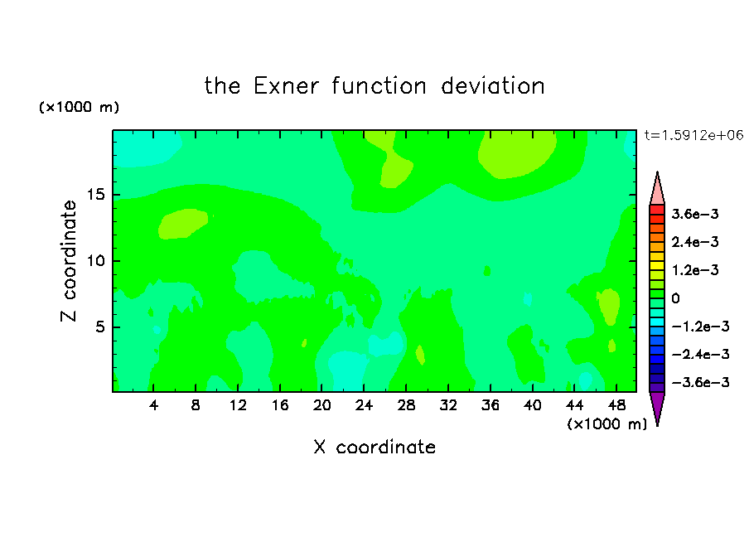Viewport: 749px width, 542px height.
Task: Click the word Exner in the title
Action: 286,86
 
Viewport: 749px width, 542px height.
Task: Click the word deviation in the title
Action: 492,86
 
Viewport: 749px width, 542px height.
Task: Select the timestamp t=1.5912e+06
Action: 693,135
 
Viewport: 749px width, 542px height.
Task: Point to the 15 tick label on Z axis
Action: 95,195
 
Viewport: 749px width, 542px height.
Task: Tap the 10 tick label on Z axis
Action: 95,261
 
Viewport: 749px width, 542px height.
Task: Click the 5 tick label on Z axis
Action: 99,327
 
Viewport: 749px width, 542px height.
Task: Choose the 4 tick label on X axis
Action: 153,405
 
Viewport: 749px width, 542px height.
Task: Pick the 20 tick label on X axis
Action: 321,405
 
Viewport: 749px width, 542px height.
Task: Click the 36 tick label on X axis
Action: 490,405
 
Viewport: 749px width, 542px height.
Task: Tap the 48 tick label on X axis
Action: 616,405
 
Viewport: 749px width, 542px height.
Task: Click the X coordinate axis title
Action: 374,447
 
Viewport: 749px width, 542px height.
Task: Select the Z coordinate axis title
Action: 69,261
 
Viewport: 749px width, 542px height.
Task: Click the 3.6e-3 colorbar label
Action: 695,214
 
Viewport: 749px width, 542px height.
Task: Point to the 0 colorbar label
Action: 675,298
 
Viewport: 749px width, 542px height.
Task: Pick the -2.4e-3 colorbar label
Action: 700,355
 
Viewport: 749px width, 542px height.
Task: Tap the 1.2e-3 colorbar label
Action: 695,270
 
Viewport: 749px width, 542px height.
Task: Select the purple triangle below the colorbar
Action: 657,407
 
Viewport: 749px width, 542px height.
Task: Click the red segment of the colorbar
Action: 657,210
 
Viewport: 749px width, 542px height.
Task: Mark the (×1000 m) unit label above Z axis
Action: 79,107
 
